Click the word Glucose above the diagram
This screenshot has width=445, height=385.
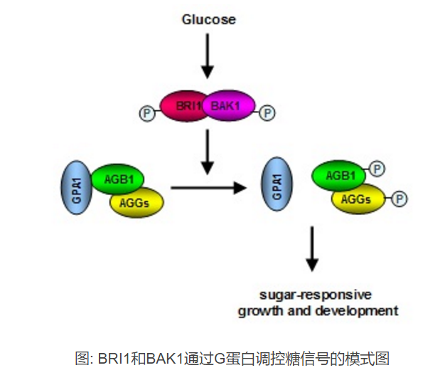pos(208,19)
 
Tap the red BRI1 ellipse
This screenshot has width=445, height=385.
pos(183,106)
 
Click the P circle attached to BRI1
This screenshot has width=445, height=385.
pos(147,112)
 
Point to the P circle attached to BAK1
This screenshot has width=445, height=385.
pos(267,112)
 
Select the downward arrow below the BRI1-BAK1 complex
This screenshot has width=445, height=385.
pos(208,151)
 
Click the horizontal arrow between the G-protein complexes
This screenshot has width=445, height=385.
pos(207,189)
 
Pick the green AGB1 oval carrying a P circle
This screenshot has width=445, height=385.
pos(338,176)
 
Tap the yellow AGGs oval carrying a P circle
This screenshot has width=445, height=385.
pos(358,199)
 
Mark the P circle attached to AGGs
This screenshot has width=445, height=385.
pos(400,197)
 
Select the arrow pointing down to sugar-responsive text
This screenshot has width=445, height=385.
pos(312,249)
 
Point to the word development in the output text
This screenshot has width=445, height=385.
pos(361,310)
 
